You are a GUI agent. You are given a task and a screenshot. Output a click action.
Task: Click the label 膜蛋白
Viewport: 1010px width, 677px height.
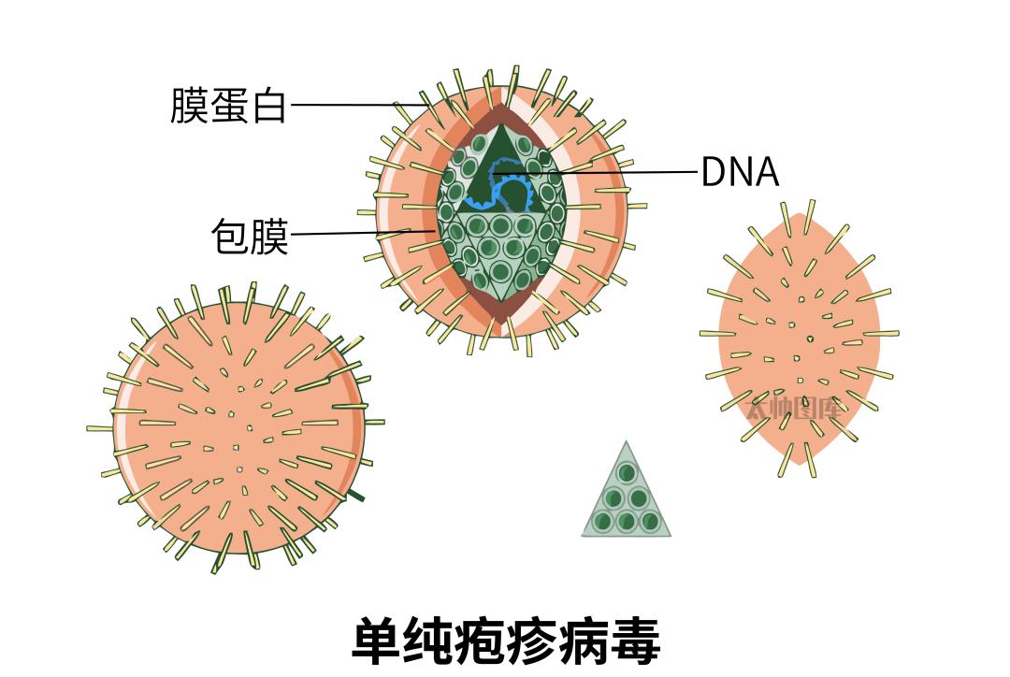(228, 105)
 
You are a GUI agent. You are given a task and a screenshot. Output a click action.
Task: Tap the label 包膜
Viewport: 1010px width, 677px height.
(250, 237)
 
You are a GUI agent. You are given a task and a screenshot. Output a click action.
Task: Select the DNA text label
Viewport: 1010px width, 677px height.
(739, 172)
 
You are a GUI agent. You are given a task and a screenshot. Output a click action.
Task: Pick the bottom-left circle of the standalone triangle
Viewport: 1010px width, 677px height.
(603, 521)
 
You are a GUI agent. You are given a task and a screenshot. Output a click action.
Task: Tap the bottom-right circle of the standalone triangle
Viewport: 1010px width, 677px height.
(650, 521)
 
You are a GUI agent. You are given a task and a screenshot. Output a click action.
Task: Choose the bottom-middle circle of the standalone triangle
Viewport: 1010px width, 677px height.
(627, 521)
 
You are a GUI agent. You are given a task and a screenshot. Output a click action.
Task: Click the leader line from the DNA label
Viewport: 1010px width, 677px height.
(636, 172)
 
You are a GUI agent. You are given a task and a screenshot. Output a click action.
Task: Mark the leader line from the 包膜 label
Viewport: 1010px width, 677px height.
(355, 232)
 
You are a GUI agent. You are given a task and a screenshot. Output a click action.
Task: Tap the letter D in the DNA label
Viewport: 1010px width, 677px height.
(713, 172)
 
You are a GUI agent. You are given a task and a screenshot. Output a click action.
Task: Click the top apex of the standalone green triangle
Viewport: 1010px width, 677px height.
(627, 443)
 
